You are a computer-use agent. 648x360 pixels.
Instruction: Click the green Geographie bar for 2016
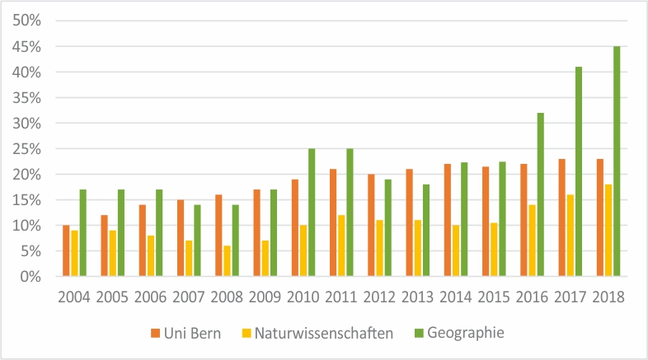pos(540,194)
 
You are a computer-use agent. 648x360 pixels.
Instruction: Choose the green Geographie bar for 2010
pos(312,213)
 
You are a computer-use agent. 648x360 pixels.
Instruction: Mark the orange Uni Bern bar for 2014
pos(448,220)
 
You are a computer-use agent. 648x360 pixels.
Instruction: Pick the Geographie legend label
pos(465,333)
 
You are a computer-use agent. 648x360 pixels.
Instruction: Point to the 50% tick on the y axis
pos(24,21)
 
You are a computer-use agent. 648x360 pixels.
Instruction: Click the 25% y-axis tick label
pos(24,149)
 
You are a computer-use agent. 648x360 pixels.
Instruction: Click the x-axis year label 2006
pos(151,297)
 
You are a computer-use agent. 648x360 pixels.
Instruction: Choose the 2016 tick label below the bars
pos(532,297)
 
